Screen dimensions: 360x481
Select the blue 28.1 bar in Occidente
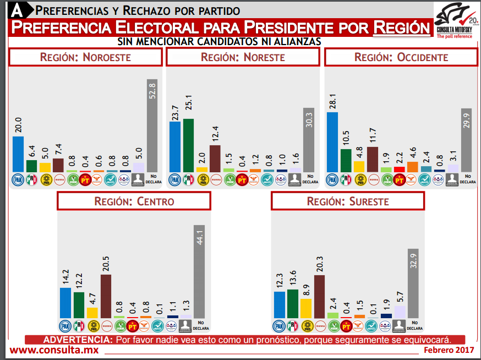[x=332, y=142]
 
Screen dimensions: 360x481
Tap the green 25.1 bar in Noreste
[x=188, y=145]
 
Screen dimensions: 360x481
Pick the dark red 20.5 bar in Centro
[x=106, y=296]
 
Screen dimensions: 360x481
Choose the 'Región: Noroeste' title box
[x=85, y=57]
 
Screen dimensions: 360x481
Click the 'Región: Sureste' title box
[x=347, y=201]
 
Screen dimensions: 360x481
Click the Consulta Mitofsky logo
[x=456, y=20]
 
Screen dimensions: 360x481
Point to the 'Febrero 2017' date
[x=449, y=350]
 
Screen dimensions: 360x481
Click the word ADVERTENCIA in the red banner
[x=78, y=340]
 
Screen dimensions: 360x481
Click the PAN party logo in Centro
[x=65, y=325]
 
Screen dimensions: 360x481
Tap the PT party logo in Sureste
[x=346, y=325]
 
